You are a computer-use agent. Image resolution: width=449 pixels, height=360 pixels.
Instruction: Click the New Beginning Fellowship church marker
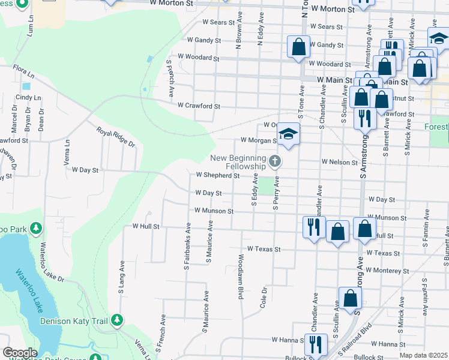click(275, 160)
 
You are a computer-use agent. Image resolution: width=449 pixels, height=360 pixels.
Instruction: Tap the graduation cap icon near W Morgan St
click(288, 134)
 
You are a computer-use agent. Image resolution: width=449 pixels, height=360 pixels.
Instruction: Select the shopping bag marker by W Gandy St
click(298, 46)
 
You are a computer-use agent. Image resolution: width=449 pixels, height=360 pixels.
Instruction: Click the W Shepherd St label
click(218, 176)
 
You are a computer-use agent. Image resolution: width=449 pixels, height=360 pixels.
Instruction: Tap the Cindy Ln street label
click(28, 97)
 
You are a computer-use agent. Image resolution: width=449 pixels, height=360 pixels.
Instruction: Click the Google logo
click(20, 353)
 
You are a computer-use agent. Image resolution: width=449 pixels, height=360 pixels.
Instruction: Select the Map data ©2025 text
click(424, 355)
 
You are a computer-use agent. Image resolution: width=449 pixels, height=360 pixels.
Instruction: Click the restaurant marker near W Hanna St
click(315, 344)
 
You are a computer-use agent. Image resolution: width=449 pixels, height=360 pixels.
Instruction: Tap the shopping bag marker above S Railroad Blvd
click(349, 298)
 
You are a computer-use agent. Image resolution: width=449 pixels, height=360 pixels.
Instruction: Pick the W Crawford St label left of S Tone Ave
click(199, 106)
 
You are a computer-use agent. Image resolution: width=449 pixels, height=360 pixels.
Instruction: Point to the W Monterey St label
click(387, 271)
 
